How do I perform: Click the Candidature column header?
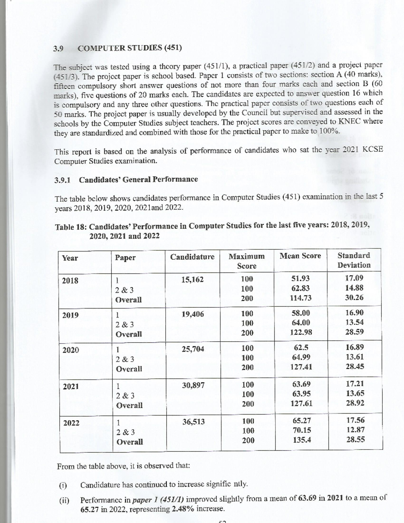(x=192, y=257)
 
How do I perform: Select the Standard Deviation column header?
(x=354, y=260)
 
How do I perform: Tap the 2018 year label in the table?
(x=70, y=281)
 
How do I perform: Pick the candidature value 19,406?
(x=193, y=314)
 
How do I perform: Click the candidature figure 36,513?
(x=193, y=422)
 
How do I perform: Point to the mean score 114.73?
(x=301, y=298)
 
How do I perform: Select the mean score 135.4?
(x=302, y=440)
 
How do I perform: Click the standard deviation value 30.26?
(x=354, y=298)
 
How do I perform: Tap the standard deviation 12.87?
(x=355, y=430)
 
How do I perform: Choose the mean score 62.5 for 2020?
(x=301, y=347)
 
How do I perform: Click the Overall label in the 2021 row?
(x=129, y=405)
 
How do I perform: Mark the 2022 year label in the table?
(x=71, y=423)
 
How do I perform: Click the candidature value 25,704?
(x=193, y=349)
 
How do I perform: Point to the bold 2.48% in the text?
(x=183, y=509)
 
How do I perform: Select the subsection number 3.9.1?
(x=62, y=179)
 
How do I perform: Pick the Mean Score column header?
(x=300, y=256)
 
